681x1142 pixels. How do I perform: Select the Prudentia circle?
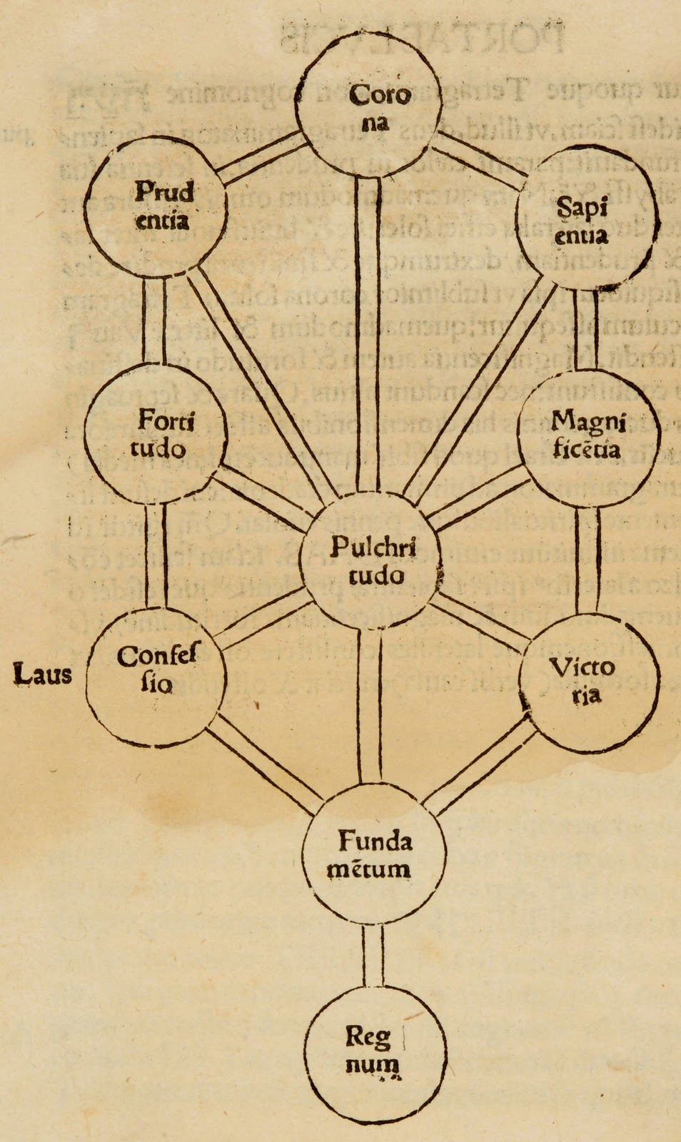click(156, 205)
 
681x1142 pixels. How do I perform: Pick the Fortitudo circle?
click(156, 435)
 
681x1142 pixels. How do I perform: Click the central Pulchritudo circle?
click(370, 560)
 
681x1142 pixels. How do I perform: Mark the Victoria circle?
click(587, 682)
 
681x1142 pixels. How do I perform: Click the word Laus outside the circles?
click(43, 673)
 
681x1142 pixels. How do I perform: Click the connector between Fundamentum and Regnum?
click(373, 956)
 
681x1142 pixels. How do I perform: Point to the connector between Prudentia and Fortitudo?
click(154, 321)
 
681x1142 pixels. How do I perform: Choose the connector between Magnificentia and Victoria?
click(587, 560)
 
